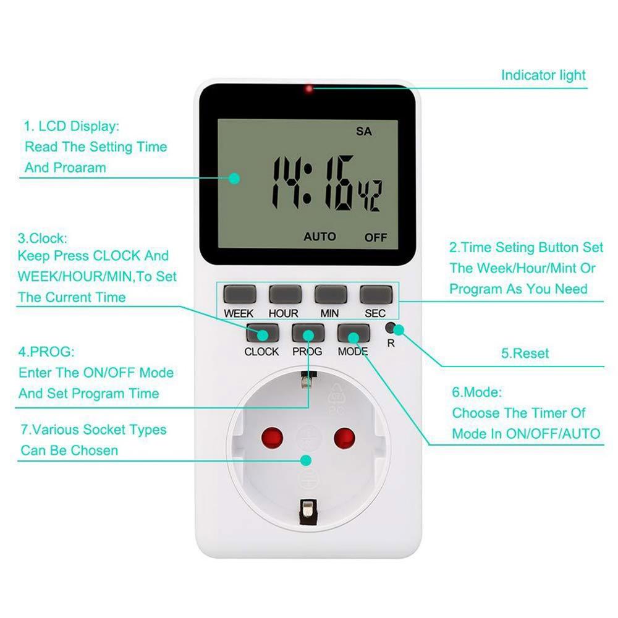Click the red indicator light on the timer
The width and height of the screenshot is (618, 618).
point(308,90)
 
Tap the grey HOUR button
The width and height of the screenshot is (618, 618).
point(284,292)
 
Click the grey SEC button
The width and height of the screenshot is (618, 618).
point(375,292)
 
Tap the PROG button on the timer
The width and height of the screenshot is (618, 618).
point(307,333)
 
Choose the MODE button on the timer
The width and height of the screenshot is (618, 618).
point(353,333)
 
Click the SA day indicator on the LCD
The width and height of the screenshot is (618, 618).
point(363,132)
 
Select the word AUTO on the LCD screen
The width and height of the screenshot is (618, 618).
point(320,237)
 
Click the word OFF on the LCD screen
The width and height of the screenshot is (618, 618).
point(375,237)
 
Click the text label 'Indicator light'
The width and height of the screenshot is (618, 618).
point(543,75)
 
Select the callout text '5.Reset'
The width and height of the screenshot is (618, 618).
point(525,353)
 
